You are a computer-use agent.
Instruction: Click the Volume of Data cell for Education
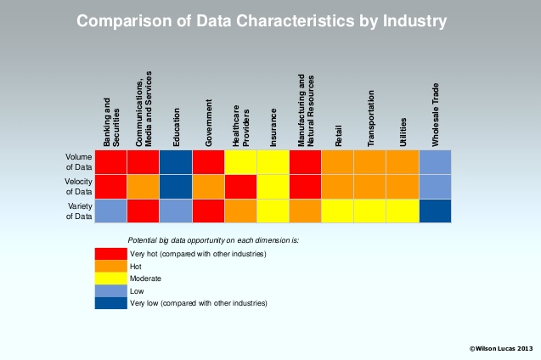(x=176, y=161)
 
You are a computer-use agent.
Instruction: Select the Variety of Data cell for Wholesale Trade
(x=435, y=210)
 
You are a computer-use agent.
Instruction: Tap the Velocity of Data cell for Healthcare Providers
(x=240, y=186)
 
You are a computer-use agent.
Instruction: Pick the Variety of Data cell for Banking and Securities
(x=110, y=210)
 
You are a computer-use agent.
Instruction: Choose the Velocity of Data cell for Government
(x=208, y=186)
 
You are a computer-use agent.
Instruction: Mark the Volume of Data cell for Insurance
(x=273, y=161)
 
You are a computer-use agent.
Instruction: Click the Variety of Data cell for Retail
(x=338, y=210)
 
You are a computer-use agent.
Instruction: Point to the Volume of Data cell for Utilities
(x=403, y=161)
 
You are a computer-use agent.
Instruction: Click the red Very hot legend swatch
(x=110, y=254)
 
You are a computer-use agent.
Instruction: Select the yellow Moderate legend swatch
(x=110, y=278)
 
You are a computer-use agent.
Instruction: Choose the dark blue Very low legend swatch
(x=110, y=303)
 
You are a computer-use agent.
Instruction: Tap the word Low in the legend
(x=138, y=290)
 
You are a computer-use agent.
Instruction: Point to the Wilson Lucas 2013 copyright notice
(x=500, y=348)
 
